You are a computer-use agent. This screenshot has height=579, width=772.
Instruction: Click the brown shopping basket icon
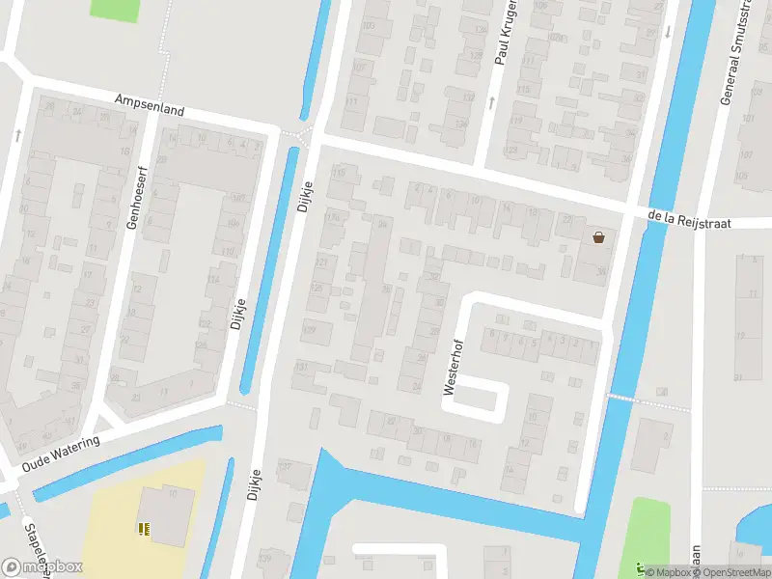pyautogui.click(x=599, y=237)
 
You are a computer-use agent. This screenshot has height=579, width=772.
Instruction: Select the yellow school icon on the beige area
pyautogui.click(x=143, y=528)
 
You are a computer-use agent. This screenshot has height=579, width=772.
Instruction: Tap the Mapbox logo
pyautogui.click(x=41, y=566)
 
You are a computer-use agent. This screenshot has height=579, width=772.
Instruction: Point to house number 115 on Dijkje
pyautogui.click(x=339, y=172)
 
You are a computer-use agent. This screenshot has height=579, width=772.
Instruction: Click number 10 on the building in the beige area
pyautogui.click(x=173, y=494)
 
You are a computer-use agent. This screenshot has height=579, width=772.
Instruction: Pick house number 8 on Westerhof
pyautogui.click(x=491, y=335)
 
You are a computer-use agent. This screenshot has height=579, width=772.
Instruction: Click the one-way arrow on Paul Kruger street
pyautogui.click(x=490, y=101)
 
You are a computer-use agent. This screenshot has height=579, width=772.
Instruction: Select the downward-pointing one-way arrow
pyautogui.click(x=667, y=31)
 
